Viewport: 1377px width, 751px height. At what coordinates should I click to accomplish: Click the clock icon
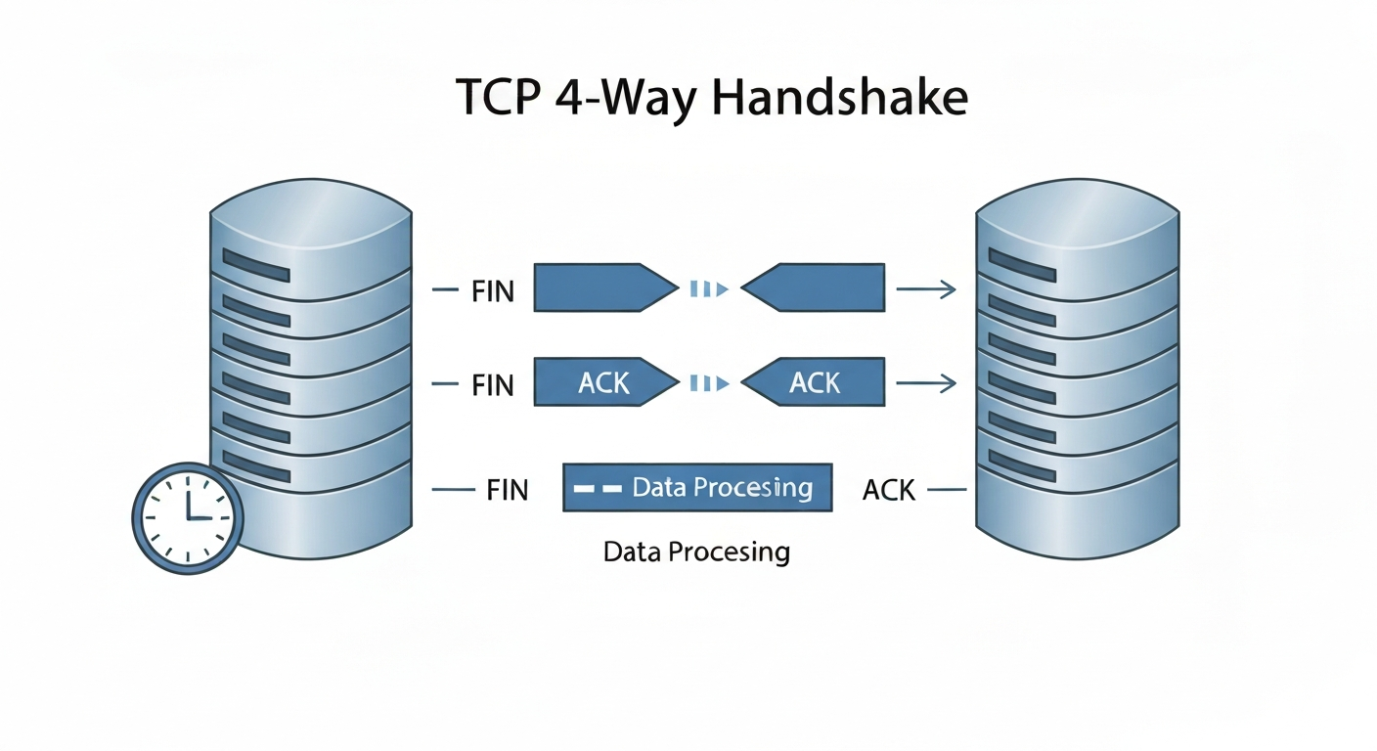coord(187,517)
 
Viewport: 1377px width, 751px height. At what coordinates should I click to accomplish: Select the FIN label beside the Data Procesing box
coord(507,489)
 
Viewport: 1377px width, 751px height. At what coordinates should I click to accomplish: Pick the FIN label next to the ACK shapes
coord(492,384)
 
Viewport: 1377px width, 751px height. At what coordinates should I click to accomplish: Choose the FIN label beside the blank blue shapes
coord(492,290)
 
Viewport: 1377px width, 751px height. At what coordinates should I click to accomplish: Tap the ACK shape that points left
coord(814,382)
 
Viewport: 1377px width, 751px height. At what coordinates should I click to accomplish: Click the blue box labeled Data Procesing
coord(697,487)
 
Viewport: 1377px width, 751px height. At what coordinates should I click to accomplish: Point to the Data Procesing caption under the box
coord(696,552)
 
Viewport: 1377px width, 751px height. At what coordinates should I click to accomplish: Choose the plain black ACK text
coord(889,489)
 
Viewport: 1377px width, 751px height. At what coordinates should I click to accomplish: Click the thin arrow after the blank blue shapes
coord(925,288)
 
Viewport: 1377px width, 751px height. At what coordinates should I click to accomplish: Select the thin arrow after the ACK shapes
coord(925,383)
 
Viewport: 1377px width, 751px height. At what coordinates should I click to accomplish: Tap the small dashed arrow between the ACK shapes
coord(709,383)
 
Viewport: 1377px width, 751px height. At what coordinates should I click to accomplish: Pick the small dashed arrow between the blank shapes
coord(709,288)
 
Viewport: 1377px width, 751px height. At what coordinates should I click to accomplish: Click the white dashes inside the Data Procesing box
coord(597,487)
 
